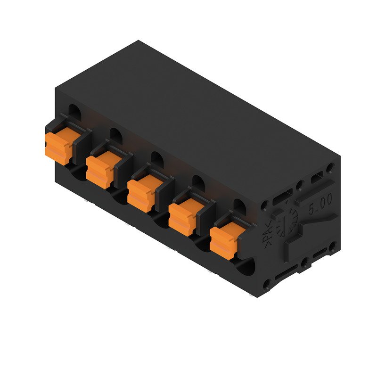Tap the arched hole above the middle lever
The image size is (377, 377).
click(x=157, y=158)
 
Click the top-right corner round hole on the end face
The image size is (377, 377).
click(x=330, y=167)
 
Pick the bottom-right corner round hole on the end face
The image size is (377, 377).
click(x=333, y=245)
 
